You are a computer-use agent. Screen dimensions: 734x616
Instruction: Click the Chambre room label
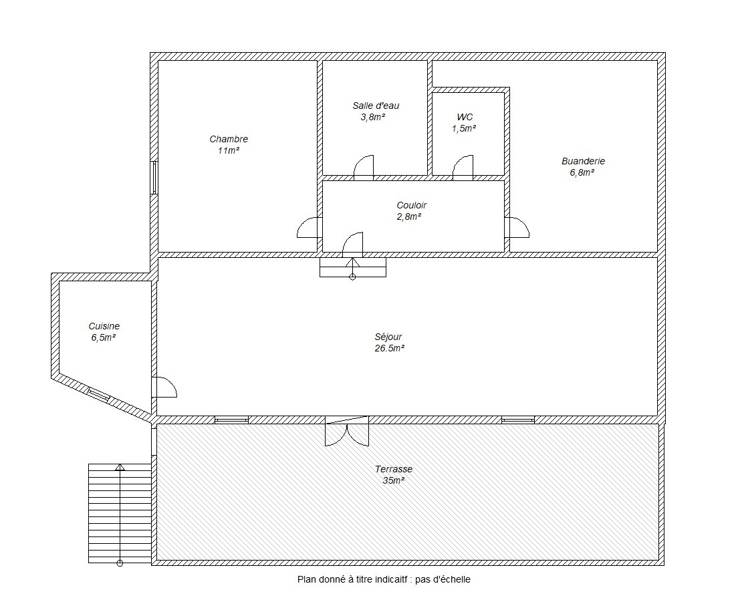click(x=229, y=139)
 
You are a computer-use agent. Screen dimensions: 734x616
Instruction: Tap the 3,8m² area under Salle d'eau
click(x=372, y=117)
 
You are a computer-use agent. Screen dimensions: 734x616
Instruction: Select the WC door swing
click(x=463, y=168)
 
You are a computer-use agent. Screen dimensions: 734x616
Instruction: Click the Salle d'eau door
click(x=364, y=168)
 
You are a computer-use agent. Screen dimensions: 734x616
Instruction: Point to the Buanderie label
click(x=584, y=161)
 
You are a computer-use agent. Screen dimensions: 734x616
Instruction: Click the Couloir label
click(x=412, y=205)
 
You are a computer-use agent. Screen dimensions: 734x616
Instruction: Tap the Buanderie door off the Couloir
click(x=517, y=227)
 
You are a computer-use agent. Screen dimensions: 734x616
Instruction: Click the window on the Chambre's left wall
click(x=154, y=177)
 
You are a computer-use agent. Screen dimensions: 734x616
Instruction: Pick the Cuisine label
click(x=104, y=326)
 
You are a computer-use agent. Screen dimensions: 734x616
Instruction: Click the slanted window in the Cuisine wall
click(x=99, y=396)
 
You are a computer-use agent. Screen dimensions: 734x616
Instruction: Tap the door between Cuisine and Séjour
click(x=164, y=387)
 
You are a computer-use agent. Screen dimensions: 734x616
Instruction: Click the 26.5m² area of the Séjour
click(x=390, y=348)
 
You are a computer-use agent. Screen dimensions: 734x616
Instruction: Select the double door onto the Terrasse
click(x=347, y=431)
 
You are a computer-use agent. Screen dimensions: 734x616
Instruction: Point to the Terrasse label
click(x=394, y=468)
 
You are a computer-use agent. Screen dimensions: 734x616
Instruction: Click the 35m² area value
click(x=394, y=480)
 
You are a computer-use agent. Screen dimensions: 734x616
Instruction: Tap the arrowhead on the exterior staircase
click(x=120, y=467)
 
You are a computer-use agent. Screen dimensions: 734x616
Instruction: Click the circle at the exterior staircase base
click(x=120, y=563)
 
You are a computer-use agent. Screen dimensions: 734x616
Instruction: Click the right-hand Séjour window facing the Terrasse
click(x=517, y=420)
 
